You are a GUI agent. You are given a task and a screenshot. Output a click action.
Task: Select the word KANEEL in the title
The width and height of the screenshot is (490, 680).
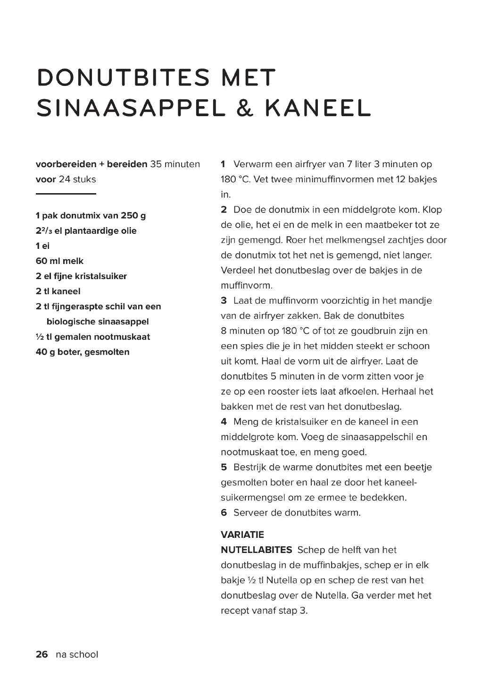[x=318, y=108]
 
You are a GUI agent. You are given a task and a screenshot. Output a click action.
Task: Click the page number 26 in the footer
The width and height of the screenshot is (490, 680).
[x=42, y=654]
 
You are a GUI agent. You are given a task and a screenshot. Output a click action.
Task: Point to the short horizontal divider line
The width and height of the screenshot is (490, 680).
[x=66, y=194]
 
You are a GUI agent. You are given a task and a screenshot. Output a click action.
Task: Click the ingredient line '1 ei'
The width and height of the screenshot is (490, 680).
[x=42, y=246]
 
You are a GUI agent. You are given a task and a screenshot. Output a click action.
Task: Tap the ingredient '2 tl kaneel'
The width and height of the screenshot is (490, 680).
[x=58, y=291]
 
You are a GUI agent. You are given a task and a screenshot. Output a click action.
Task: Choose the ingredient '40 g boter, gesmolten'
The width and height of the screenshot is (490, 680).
[x=83, y=352]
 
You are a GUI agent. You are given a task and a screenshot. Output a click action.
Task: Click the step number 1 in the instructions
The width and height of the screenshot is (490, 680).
[x=224, y=164]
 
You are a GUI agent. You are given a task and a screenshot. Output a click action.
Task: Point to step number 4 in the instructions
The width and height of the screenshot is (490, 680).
[x=224, y=422]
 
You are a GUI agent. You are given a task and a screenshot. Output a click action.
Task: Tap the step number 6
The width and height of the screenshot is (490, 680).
[x=224, y=512]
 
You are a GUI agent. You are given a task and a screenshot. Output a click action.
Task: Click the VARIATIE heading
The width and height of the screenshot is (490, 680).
[x=242, y=535]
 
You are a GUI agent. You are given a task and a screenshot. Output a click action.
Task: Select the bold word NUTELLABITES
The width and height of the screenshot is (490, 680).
[x=257, y=550]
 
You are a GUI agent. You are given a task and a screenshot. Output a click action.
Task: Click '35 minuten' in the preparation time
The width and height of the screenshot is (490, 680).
[x=175, y=164]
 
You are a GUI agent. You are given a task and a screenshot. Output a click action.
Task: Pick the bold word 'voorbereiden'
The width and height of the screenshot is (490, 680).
[x=66, y=164]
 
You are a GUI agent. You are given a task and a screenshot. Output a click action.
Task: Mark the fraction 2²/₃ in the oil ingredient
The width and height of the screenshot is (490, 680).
[x=44, y=231]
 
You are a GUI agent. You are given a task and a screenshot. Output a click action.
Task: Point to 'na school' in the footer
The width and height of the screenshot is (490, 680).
[x=77, y=654]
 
